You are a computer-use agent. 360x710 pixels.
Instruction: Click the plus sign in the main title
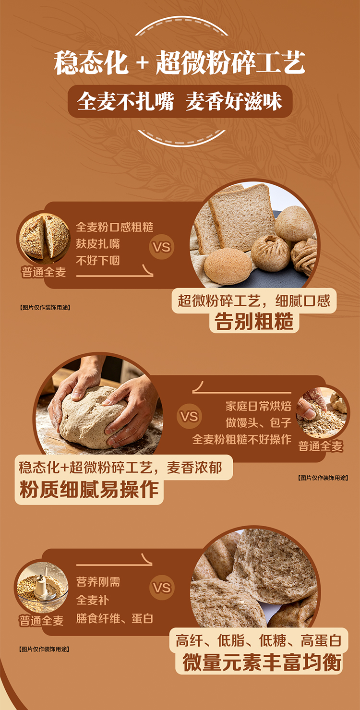pos(142,62)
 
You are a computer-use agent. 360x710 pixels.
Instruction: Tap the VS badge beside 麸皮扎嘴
pos(162,247)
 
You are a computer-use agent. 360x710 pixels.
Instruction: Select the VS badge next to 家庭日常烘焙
pos(189,416)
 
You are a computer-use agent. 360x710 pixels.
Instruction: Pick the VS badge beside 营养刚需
pos(162,588)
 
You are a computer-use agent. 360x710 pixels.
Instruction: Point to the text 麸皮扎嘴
pos(97,244)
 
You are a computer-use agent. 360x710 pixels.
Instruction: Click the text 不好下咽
pos(97,261)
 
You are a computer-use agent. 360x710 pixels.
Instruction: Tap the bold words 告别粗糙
pos(254,322)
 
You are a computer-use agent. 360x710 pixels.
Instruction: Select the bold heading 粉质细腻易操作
pos(89,489)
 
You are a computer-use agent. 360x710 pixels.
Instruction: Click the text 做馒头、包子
pos(258,422)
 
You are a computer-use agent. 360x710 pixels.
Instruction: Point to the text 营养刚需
pos(98,582)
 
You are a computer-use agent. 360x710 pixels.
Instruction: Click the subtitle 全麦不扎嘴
pos(125,102)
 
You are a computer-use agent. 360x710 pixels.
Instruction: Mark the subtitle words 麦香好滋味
pos(234,102)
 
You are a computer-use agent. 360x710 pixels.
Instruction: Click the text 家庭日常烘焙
pos(258,406)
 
